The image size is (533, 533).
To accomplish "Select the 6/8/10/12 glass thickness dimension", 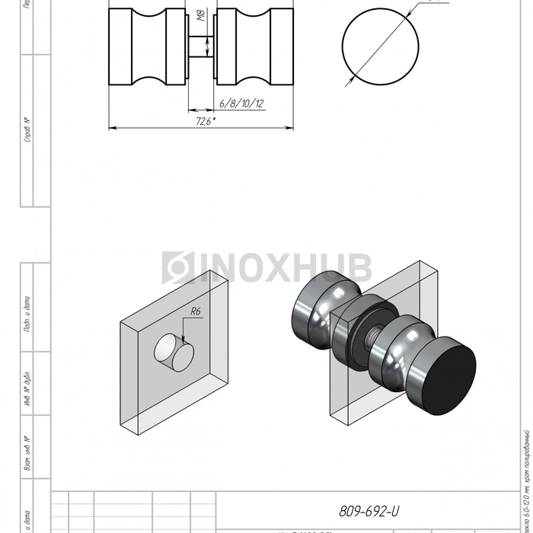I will coord(241,103).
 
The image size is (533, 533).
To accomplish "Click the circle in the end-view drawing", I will coord(380,46).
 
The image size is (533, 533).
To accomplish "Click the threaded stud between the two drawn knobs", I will coord(202,48).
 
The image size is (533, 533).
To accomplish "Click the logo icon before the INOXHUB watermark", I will coord(174,268).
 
